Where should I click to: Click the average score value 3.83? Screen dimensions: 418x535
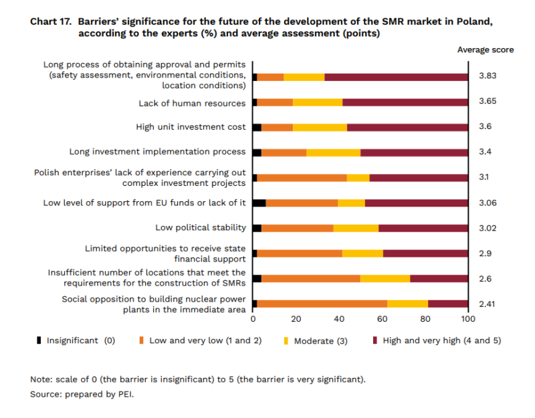click(488, 76)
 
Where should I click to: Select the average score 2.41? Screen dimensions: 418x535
click(488, 304)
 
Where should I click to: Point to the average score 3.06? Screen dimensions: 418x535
click(488, 203)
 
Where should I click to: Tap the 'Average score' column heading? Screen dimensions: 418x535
click(486, 50)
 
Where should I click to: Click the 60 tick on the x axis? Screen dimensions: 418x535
click(383, 318)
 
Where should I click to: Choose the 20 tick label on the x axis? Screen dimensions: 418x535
click(296, 318)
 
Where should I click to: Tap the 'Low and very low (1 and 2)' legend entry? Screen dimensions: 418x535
click(200, 340)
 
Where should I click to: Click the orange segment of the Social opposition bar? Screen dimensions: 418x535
click(322, 304)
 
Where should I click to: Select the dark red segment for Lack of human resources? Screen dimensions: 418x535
click(405, 102)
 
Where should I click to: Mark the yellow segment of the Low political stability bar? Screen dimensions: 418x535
click(356, 228)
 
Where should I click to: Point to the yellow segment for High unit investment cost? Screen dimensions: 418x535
click(320, 127)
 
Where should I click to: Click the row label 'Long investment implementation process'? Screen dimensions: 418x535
click(158, 152)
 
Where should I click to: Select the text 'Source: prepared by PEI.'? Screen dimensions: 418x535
click(82, 395)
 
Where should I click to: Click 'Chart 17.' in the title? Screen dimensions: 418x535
click(51, 21)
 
